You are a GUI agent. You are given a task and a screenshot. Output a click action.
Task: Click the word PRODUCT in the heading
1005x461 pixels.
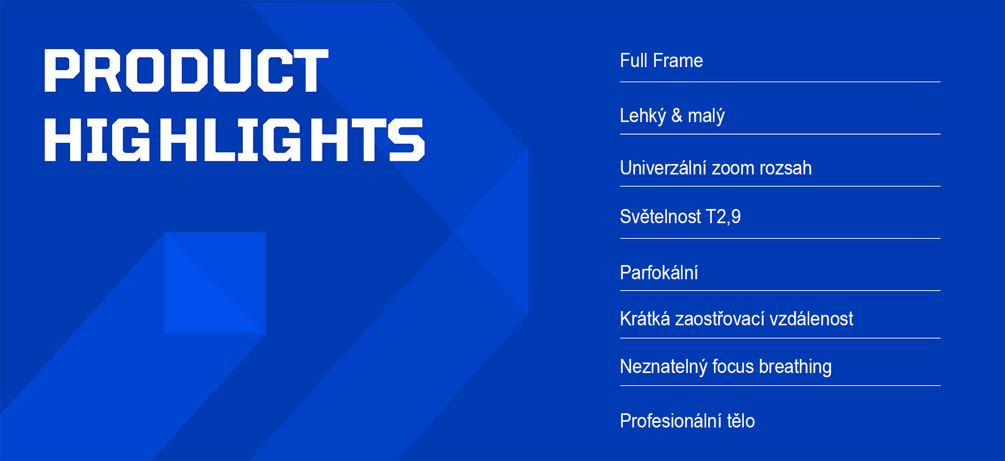[186, 71]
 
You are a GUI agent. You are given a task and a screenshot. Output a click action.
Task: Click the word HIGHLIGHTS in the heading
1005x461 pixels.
[234, 139]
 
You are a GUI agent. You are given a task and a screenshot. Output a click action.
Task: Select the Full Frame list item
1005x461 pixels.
[661, 61]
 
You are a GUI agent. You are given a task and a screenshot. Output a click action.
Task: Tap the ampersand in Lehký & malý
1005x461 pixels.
[677, 115]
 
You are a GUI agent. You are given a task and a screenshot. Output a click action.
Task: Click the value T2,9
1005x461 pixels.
[723, 217]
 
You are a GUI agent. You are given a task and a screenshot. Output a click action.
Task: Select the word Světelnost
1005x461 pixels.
[660, 216]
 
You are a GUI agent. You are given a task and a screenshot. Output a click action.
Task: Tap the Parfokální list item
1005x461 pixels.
[659, 272]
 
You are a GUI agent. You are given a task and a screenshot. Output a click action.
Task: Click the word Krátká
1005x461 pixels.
[645, 319]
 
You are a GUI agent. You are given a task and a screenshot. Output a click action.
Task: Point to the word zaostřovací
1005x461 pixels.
[720, 319]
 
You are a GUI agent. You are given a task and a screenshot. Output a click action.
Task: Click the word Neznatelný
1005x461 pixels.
[664, 367]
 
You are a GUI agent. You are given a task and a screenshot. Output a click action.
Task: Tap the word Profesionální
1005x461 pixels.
[671, 421]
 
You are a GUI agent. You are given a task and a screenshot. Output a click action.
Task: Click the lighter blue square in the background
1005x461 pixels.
[215, 283]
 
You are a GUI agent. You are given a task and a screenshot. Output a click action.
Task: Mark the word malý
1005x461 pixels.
[706, 116]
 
